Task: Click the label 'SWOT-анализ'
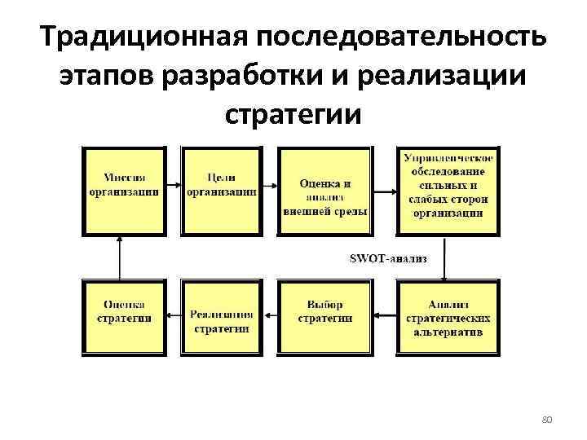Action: [x=388, y=258]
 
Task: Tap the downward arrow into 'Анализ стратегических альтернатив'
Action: [x=445, y=258]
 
